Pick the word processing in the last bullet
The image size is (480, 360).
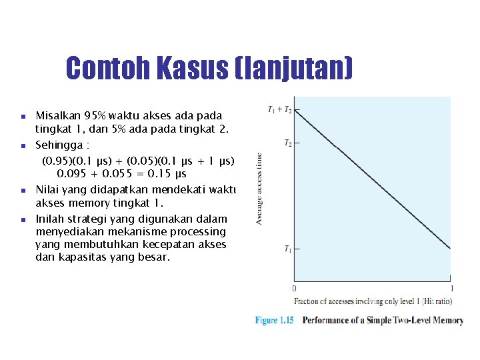click(198, 231)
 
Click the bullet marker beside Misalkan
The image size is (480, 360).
click(22, 115)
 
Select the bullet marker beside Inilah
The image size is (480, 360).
click(22, 219)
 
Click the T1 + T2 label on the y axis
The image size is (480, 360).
click(279, 109)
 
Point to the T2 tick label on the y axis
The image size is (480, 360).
click(287, 143)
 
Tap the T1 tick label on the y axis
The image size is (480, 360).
click(287, 249)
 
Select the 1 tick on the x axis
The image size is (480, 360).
click(451, 288)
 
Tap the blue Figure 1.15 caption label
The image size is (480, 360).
click(274, 321)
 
